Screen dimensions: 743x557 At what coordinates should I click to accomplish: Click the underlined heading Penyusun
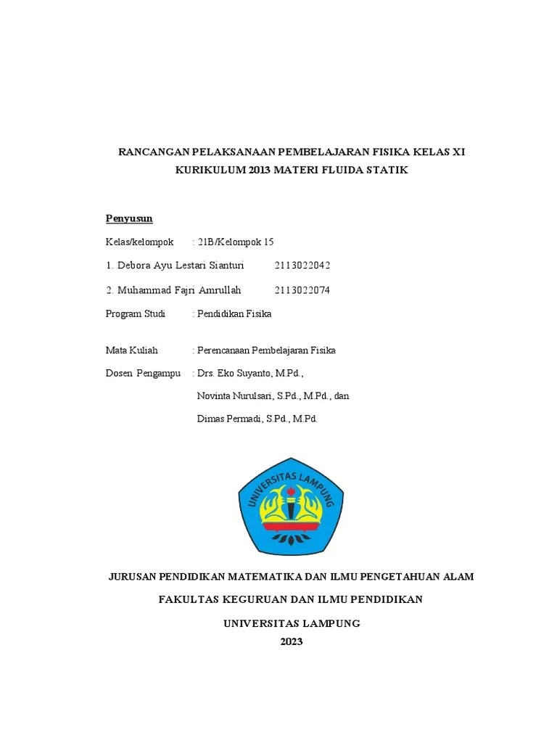pos(129,218)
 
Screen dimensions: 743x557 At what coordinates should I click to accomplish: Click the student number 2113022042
pos(302,266)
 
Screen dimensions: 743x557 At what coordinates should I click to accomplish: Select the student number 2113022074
pos(302,290)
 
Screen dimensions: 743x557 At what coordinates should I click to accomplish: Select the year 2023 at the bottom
pos(291,641)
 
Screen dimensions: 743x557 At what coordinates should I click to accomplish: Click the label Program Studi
pos(136,314)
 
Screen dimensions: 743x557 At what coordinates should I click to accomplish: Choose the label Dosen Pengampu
pos(144,373)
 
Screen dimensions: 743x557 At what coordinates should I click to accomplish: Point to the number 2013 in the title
pos(260,171)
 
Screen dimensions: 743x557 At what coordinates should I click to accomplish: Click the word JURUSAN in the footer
pos(135,577)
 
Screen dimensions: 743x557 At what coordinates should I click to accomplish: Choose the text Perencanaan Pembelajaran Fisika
pos(266,350)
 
